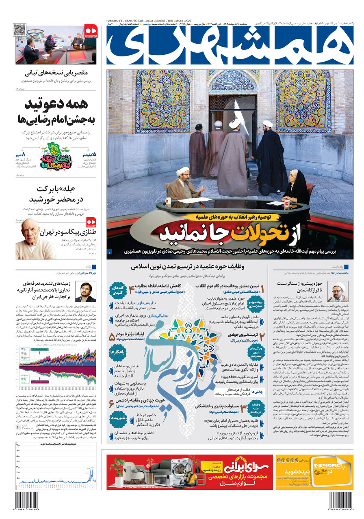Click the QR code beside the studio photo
coord(19,30)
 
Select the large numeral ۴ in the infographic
coord(131,290)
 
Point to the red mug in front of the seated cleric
coord(168,202)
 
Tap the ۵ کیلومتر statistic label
coord(89,154)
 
